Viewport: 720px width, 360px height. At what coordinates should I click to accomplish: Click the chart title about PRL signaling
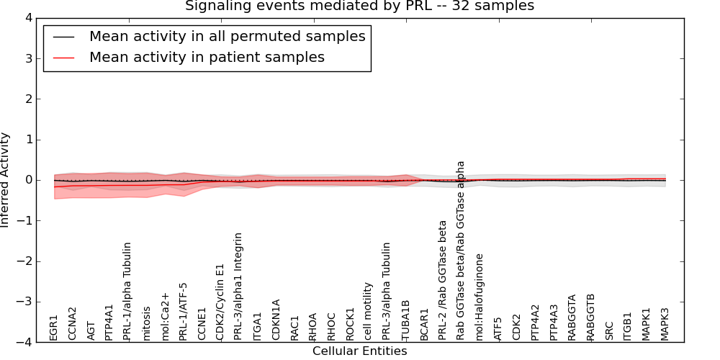359,6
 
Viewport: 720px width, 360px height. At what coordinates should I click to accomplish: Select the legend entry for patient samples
207,57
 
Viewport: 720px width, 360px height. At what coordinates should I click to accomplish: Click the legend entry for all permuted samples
227,36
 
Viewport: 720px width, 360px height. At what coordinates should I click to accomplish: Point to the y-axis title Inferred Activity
6,180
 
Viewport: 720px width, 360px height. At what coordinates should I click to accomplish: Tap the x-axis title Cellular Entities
359,351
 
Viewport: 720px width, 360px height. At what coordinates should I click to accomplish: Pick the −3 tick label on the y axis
25,302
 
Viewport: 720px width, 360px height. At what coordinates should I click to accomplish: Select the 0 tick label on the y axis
28,180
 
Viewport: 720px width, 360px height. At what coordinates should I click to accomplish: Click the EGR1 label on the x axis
53,327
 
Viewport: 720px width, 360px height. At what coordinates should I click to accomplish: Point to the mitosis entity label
147,322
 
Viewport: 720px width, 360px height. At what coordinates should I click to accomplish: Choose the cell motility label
369,311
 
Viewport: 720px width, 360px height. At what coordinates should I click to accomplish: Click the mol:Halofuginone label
480,297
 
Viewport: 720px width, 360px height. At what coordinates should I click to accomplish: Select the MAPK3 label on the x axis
665,324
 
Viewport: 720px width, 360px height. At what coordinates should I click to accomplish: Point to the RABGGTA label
572,317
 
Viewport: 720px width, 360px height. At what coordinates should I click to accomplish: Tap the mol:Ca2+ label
166,316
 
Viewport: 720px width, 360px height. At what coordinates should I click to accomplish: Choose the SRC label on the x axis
610,330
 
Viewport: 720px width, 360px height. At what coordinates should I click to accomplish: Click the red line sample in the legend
64,57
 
